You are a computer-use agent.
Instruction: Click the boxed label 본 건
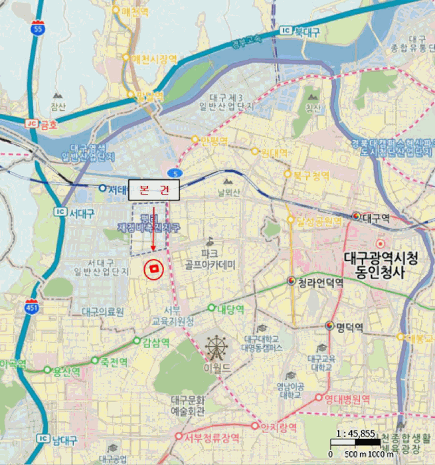[x=154, y=190]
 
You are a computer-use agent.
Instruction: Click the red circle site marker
[x=154, y=269]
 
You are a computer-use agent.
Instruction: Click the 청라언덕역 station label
[x=320, y=282]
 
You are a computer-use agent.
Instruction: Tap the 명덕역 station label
[x=349, y=327]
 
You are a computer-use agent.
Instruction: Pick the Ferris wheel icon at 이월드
[x=216, y=347]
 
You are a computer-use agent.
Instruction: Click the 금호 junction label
[x=49, y=124]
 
